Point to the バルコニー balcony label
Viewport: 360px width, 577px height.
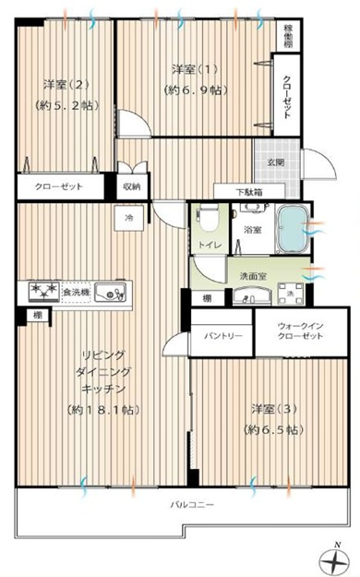191,505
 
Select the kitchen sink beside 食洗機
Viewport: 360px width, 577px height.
111,293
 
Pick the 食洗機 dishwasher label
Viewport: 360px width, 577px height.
76,293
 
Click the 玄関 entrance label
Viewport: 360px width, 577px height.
274,162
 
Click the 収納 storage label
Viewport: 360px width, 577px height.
131,186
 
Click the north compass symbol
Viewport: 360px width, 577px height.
337,558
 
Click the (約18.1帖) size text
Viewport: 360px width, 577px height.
103,408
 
